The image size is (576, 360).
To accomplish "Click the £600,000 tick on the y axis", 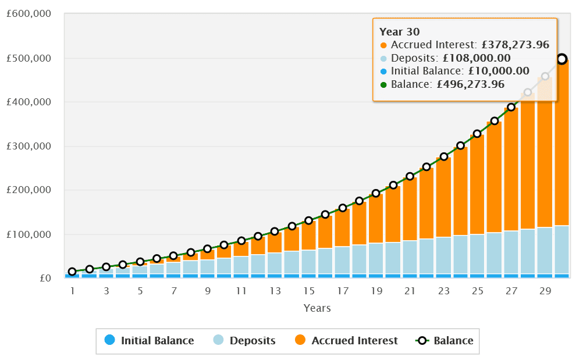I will coord(28,14).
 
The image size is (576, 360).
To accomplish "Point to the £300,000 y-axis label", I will coord(28,146).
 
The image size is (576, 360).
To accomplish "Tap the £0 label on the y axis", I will coord(45,278).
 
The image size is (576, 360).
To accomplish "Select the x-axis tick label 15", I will coord(309,290).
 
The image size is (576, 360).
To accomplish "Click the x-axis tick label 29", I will coord(545,290).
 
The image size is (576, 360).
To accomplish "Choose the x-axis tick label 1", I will coord(73,290).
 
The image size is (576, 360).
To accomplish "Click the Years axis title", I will coord(317,308).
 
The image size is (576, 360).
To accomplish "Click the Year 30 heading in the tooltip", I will coord(400,32).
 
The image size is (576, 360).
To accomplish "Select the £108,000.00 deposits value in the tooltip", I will coord(477,58).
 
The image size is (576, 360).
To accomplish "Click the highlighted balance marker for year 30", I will coord(562,59).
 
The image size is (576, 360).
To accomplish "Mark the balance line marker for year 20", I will coord(393,185).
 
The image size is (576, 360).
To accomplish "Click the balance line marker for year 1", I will coord(72,272).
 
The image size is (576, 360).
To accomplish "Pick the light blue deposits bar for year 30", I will coord(562,249).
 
